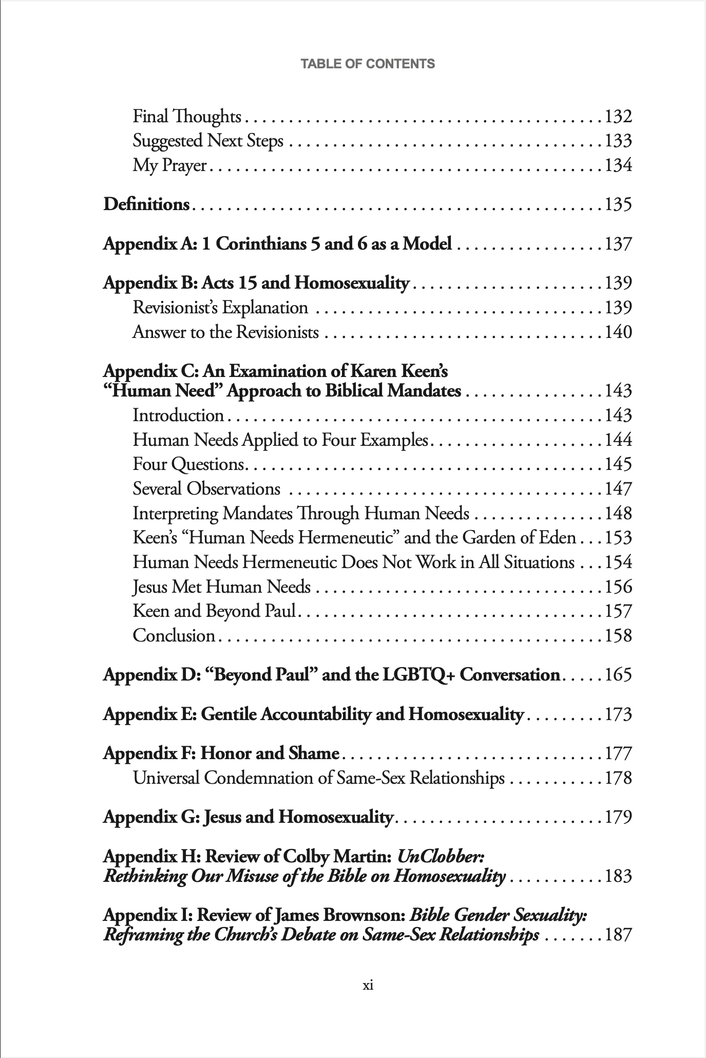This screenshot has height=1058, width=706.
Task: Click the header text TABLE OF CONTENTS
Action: click(368, 64)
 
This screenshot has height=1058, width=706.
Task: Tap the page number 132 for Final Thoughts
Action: click(618, 117)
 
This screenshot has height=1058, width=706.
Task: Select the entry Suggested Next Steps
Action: click(208, 141)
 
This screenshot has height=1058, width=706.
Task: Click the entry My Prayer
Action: click(169, 165)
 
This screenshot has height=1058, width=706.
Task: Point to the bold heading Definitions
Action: click(146, 204)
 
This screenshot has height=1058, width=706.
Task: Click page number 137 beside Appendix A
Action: click(618, 243)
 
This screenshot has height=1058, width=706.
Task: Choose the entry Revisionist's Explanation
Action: click(220, 308)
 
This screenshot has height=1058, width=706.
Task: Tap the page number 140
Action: click(618, 332)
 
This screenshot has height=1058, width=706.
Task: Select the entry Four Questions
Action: click(188, 464)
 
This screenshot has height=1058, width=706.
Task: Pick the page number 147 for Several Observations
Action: click(618, 488)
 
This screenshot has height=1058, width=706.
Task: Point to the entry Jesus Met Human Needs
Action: click(221, 587)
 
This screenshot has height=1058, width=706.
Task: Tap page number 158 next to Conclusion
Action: click(618, 636)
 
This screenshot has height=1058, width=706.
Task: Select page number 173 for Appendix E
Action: click(618, 714)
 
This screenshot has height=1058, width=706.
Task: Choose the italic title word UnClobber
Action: click(441, 856)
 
